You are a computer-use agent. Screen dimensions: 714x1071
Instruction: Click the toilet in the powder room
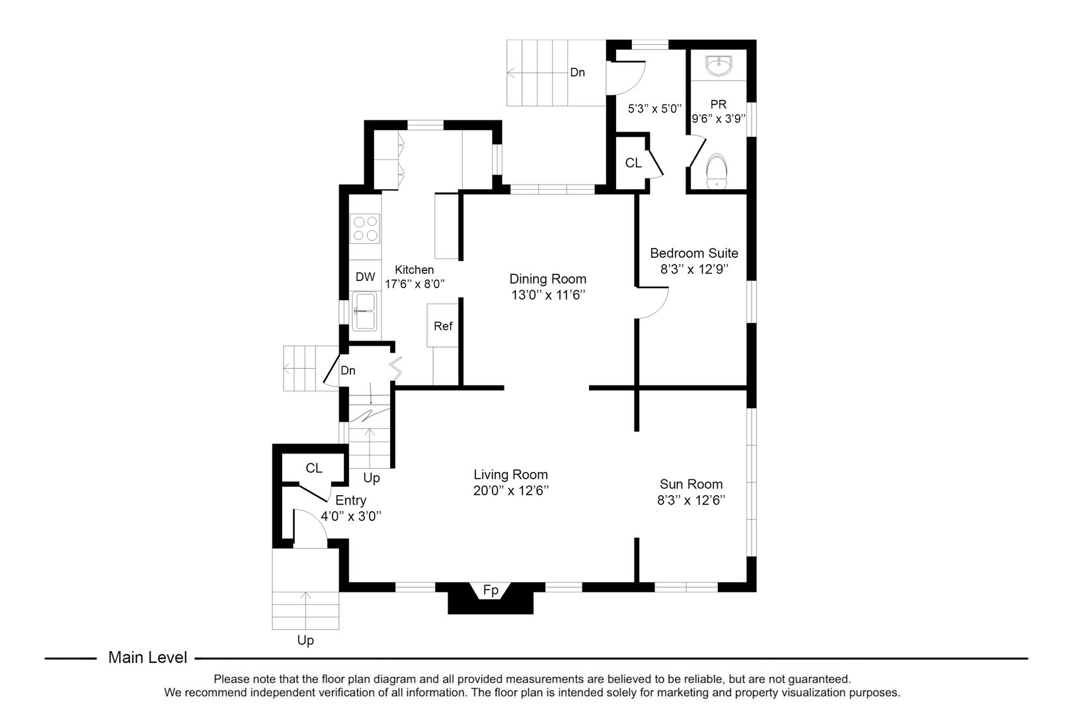[x=717, y=171]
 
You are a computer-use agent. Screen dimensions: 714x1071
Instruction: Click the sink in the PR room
[x=719, y=66]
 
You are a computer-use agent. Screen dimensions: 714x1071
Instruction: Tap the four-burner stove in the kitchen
[x=366, y=229]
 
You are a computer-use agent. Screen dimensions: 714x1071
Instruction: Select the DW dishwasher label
[x=365, y=277]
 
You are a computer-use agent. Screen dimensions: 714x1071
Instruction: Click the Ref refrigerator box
[x=443, y=326]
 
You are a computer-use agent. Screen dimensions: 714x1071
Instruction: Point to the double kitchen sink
[x=364, y=311]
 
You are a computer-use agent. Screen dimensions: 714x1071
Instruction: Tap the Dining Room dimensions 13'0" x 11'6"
[x=547, y=295]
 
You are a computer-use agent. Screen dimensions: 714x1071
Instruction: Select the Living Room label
[x=510, y=475]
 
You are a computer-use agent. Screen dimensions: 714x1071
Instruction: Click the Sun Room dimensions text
[x=691, y=500]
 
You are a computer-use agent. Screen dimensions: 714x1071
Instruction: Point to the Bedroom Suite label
[x=694, y=253]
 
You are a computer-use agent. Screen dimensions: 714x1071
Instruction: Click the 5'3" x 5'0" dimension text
[x=653, y=108]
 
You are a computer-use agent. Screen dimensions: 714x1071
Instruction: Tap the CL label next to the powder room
[x=633, y=163]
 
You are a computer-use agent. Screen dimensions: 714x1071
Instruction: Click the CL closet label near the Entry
[x=314, y=468]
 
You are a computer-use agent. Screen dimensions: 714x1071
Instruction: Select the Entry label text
[x=350, y=500]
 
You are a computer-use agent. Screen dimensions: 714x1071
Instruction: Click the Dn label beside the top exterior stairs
[x=577, y=73]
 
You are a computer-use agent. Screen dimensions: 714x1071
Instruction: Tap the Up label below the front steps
[x=305, y=640]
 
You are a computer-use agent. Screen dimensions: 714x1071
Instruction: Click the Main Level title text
[x=147, y=658]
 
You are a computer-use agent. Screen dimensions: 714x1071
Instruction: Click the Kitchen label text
[x=415, y=270]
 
